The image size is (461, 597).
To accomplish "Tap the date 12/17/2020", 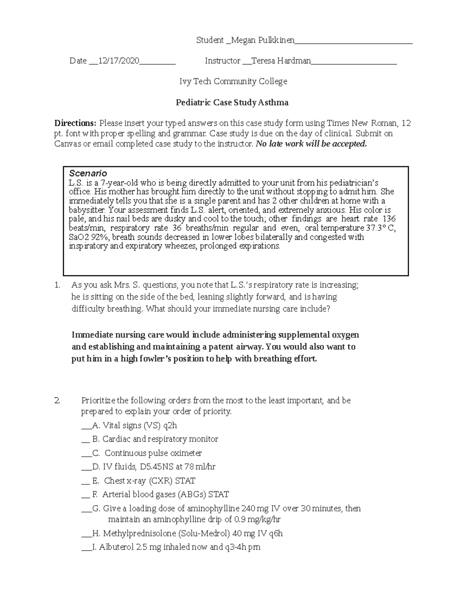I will (119, 61).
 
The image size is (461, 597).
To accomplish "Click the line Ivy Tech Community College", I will (233, 81).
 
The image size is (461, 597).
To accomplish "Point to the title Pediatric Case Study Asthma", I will (232, 103).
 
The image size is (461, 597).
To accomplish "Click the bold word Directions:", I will (75, 123).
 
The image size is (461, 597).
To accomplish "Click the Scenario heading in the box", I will (88, 173).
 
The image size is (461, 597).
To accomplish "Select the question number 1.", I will (57, 285).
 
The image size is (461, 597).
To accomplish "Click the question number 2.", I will (57, 401).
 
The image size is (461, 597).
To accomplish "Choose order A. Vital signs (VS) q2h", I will (134, 426).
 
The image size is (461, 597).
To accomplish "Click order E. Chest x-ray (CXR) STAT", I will (144, 481).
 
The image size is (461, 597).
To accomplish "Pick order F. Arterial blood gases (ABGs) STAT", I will (161, 495).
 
